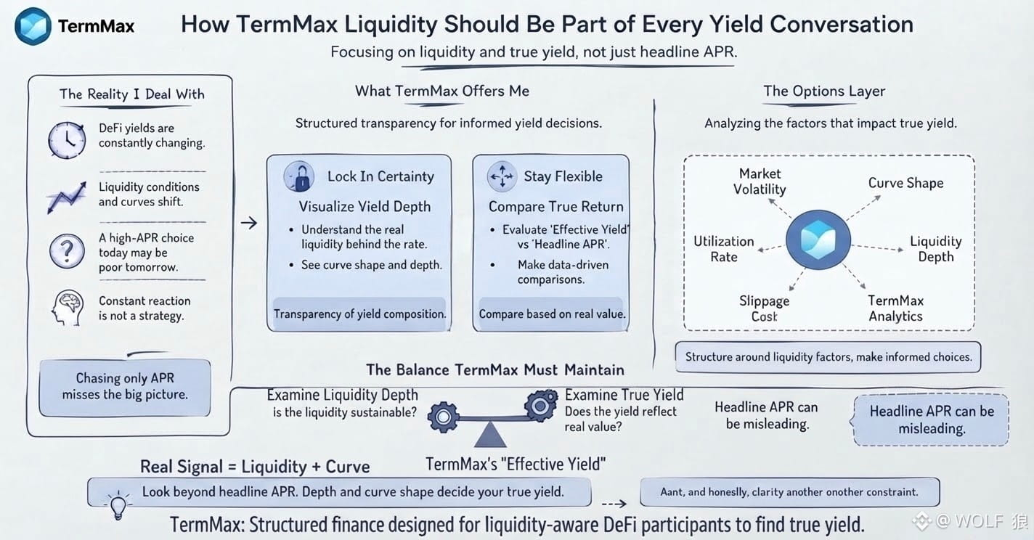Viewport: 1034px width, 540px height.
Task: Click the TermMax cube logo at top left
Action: [x=33, y=26]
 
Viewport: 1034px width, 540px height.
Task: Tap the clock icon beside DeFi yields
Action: [x=67, y=140]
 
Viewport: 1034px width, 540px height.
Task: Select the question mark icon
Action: [x=68, y=251]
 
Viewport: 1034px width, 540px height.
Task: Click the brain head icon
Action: [x=68, y=308]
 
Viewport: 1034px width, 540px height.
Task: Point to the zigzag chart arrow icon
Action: [x=67, y=197]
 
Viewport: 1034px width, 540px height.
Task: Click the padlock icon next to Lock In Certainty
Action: [x=299, y=176]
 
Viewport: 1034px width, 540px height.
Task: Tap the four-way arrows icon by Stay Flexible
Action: [x=502, y=176]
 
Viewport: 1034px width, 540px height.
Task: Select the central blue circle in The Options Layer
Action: [x=818, y=240]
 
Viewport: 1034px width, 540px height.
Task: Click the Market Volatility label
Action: [x=760, y=181]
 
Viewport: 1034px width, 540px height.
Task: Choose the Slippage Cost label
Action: [x=765, y=308]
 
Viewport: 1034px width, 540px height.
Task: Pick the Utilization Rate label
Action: [x=724, y=249]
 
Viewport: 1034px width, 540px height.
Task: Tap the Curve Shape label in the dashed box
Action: [x=905, y=183]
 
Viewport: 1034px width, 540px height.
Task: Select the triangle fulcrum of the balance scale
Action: [x=490, y=435]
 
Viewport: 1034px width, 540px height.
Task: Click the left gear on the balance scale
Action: [x=443, y=417]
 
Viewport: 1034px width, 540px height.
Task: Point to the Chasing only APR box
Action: [x=125, y=388]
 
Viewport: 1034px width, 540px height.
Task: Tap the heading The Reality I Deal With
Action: [x=132, y=94]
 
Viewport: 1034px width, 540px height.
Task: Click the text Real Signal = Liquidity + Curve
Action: [x=255, y=467]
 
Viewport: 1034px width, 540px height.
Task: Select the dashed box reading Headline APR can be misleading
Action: [x=931, y=420]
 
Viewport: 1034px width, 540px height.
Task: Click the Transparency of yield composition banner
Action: [x=359, y=314]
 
